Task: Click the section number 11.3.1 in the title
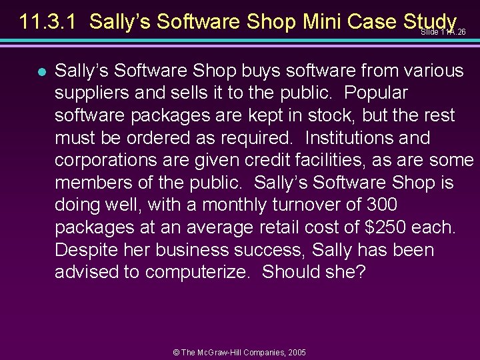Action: tap(49, 22)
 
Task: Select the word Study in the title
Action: tap(430, 22)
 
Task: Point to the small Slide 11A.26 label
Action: tap(443, 32)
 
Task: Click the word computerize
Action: tap(198, 273)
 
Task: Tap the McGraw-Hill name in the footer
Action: tap(223, 351)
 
